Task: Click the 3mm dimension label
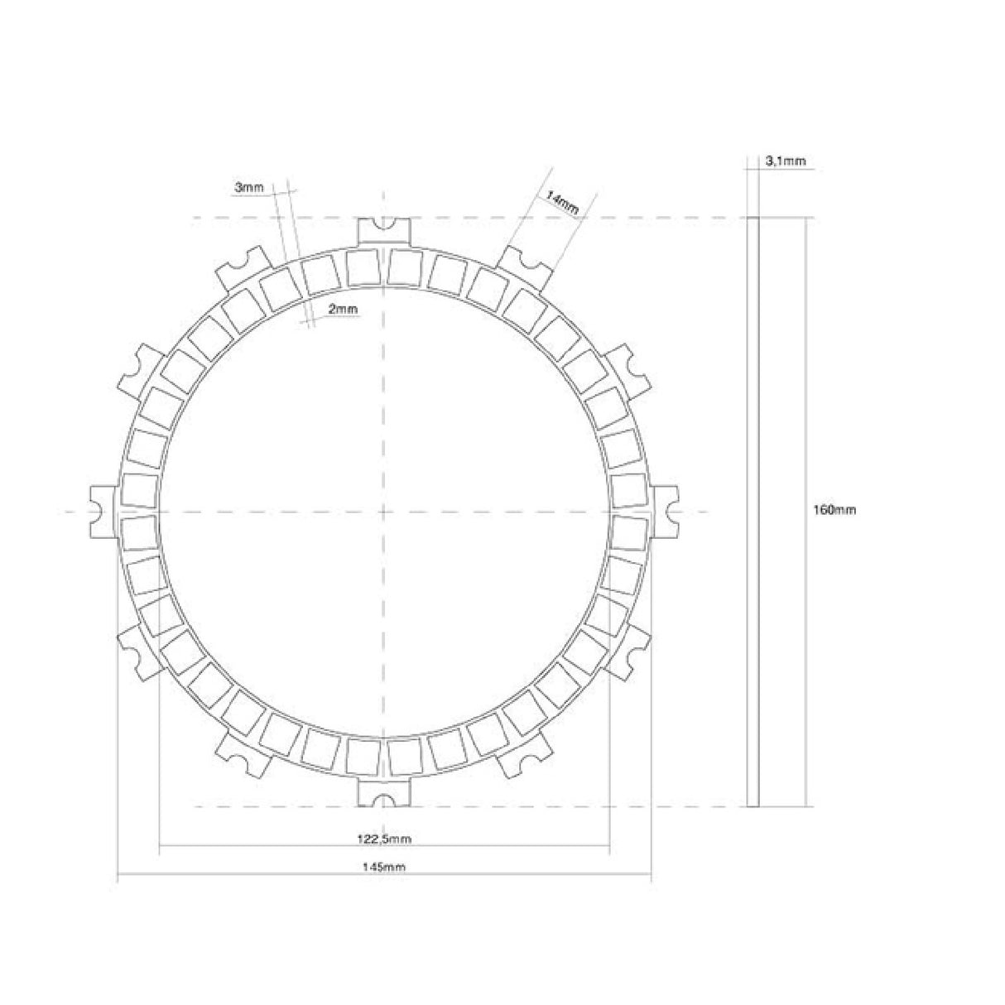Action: (x=248, y=189)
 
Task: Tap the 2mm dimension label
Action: (x=343, y=309)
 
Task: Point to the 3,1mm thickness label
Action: (x=787, y=162)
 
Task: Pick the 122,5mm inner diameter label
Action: (x=384, y=839)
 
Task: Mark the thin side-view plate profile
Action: (x=753, y=511)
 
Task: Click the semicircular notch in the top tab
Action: (x=383, y=224)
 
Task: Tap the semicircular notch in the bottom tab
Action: (x=383, y=799)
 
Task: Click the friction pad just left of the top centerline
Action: (x=362, y=267)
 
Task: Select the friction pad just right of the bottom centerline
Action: (x=406, y=754)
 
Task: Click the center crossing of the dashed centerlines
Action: (x=383, y=511)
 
